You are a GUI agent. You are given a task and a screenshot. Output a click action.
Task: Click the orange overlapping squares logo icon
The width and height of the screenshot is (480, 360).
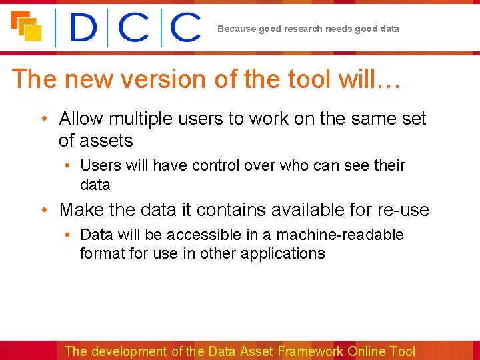(26, 26)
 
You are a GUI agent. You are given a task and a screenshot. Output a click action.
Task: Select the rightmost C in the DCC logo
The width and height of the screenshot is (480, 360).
(185, 29)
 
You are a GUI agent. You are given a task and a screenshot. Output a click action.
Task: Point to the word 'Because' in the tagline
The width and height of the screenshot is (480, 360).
(236, 29)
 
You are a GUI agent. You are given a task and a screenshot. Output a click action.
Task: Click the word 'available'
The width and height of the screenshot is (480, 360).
(315, 210)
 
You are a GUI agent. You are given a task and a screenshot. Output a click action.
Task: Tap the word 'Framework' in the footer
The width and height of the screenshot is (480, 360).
(311, 351)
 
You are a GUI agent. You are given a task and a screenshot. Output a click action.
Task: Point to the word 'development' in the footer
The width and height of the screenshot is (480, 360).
(129, 351)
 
